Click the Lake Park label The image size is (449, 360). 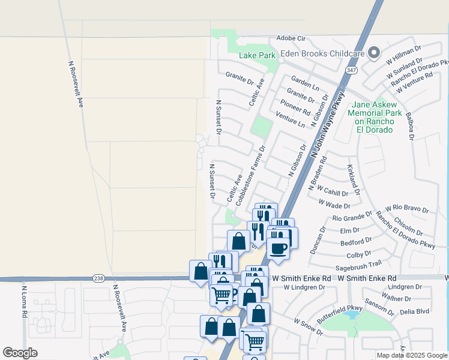coord(257,55)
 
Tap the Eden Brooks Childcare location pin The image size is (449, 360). coord(374,53)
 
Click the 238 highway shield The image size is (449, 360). coord(99,278)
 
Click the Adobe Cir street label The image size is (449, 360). coord(291,38)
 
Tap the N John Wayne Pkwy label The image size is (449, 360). coord(328,124)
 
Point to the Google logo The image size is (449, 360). coord(20,353)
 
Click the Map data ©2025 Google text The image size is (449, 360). coord(412,355)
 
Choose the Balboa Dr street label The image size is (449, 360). coord(410,125)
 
